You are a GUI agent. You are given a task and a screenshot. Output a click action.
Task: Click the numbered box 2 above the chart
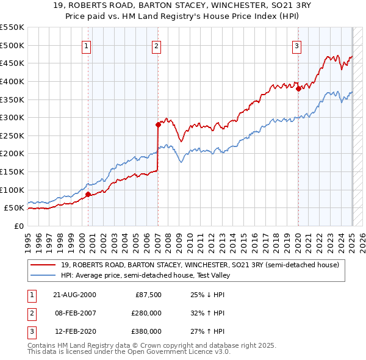point(156,46)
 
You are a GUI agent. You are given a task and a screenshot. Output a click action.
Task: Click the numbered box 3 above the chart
point(296,46)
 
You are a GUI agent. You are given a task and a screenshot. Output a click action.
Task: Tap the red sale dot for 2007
point(158,124)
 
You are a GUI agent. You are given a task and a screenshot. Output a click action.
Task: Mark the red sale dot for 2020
point(298,88)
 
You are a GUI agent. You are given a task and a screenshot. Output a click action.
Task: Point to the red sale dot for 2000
point(88,194)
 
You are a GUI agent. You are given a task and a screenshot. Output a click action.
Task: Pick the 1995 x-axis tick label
point(27,238)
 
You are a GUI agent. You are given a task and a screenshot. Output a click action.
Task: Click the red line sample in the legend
point(44,265)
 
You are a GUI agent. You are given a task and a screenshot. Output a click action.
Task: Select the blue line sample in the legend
point(44,275)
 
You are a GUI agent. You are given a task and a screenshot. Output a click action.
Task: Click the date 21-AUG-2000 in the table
point(75,295)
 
